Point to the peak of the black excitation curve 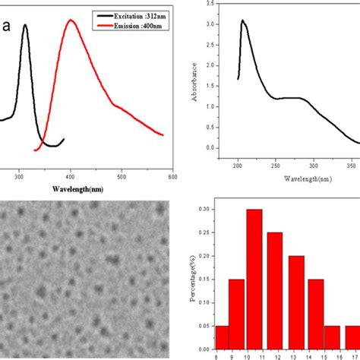click(x=25, y=25)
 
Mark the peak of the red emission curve click(x=71, y=21)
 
